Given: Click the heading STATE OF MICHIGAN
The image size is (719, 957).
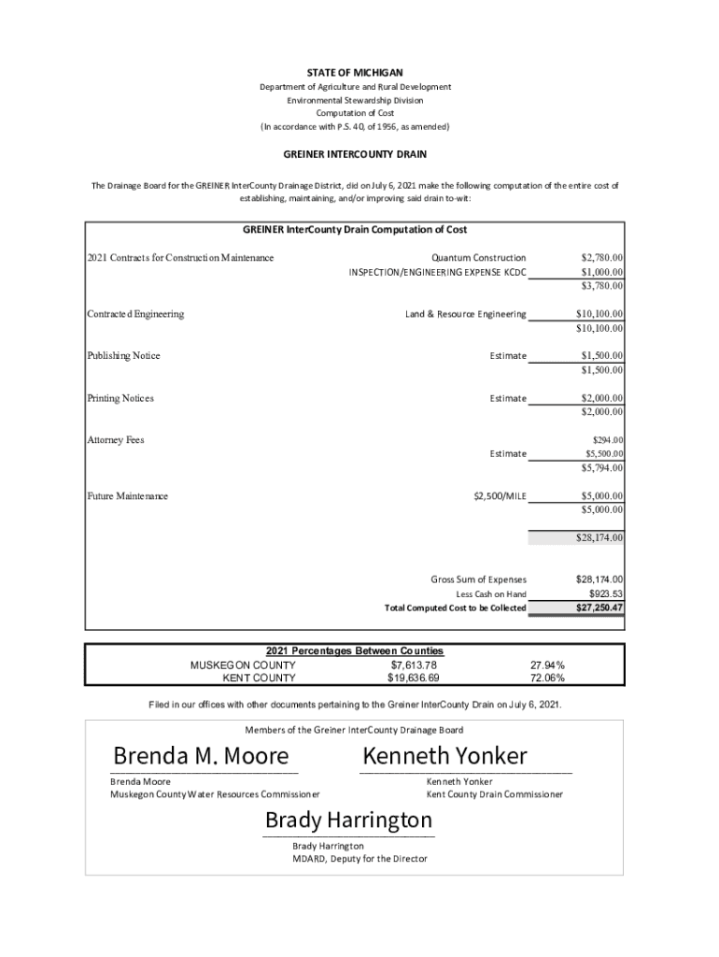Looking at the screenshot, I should click(x=355, y=72).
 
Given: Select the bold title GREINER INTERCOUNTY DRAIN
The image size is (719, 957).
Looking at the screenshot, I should click(x=355, y=153).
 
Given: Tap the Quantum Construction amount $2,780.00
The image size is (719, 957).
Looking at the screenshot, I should click(x=601, y=258).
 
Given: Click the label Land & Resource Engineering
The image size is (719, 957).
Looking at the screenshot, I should click(x=465, y=314).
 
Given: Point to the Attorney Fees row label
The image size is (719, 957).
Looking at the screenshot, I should click(x=116, y=440).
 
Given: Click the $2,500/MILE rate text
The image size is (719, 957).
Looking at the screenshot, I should click(x=500, y=496).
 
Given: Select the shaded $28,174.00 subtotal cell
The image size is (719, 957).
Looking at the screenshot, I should click(x=576, y=537).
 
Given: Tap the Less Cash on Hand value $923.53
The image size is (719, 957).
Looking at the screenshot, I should click(x=605, y=594).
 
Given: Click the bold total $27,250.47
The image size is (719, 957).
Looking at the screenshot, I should click(x=599, y=608).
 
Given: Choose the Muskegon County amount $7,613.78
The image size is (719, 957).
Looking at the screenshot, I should click(x=413, y=665).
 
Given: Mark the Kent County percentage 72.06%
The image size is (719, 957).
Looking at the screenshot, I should click(x=547, y=678).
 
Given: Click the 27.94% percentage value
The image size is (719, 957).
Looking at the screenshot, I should click(x=547, y=665).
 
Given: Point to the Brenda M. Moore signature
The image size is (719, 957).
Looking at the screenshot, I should click(x=201, y=755).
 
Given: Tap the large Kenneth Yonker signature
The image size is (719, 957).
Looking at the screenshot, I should click(x=444, y=755).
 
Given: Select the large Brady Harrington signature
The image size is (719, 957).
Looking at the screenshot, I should click(x=348, y=821).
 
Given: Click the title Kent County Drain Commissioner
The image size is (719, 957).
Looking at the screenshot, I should click(x=495, y=794).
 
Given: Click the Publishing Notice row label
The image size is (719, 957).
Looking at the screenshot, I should click(x=123, y=356).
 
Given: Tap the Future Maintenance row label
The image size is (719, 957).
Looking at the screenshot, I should click(x=128, y=496).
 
